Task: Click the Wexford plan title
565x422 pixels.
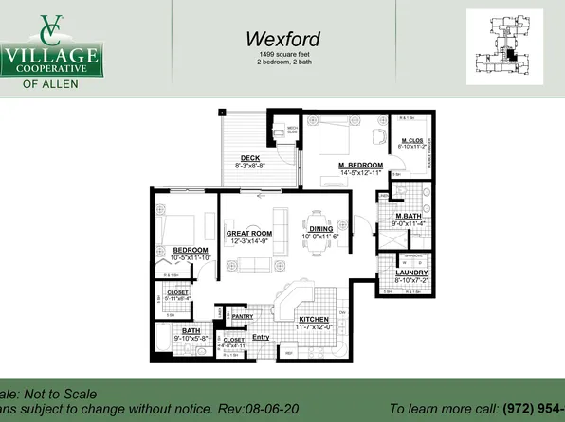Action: (x=282, y=40)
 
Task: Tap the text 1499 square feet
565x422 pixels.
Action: (x=282, y=57)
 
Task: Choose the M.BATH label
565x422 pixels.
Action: (x=406, y=217)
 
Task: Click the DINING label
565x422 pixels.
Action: (x=321, y=228)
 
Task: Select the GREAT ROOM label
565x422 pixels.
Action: (x=249, y=233)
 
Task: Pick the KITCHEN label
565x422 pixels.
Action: (x=313, y=320)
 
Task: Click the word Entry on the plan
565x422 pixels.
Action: (x=261, y=337)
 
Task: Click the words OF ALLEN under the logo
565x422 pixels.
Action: (x=51, y=82)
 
